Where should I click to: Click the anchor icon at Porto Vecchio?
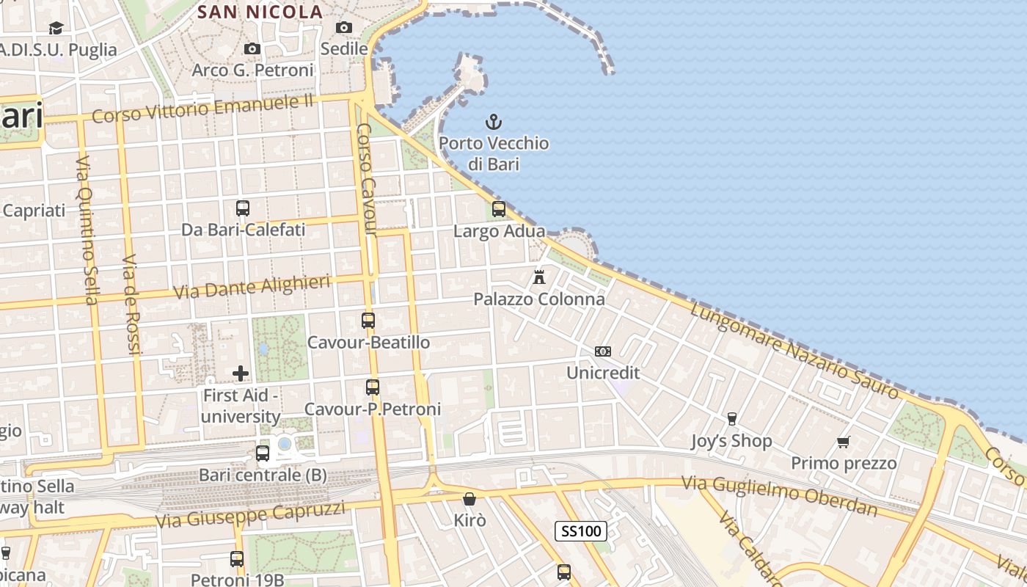tap(494, 121)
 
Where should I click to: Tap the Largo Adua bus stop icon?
tap(499, 209)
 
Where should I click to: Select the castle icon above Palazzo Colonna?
tap(539, 277)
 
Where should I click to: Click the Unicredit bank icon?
tap(603, 351)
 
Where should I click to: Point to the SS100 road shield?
tap(580, 531)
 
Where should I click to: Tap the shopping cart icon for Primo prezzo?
tap(844, 442)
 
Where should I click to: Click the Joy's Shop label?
tap(731, 441)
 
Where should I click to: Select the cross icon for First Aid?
tap(241, 373)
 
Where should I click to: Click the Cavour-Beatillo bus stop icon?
tap(368, 321)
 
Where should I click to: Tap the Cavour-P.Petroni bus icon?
tap(373, 387)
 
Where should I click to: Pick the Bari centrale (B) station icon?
tap(263, 453)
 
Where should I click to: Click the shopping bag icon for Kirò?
tap(469, 499)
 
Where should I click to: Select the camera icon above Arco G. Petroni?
tap(252, 48)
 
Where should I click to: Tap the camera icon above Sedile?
tap(344, 27)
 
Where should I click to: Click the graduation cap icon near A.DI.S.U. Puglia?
tap(56, 28)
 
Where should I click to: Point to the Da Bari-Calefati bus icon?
tap(243, 208)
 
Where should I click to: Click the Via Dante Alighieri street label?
tap(252, 287)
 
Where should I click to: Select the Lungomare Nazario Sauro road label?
tap(794, 351)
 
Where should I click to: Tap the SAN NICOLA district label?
tap(260, 12)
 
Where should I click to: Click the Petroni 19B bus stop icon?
tap(237, 559)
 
